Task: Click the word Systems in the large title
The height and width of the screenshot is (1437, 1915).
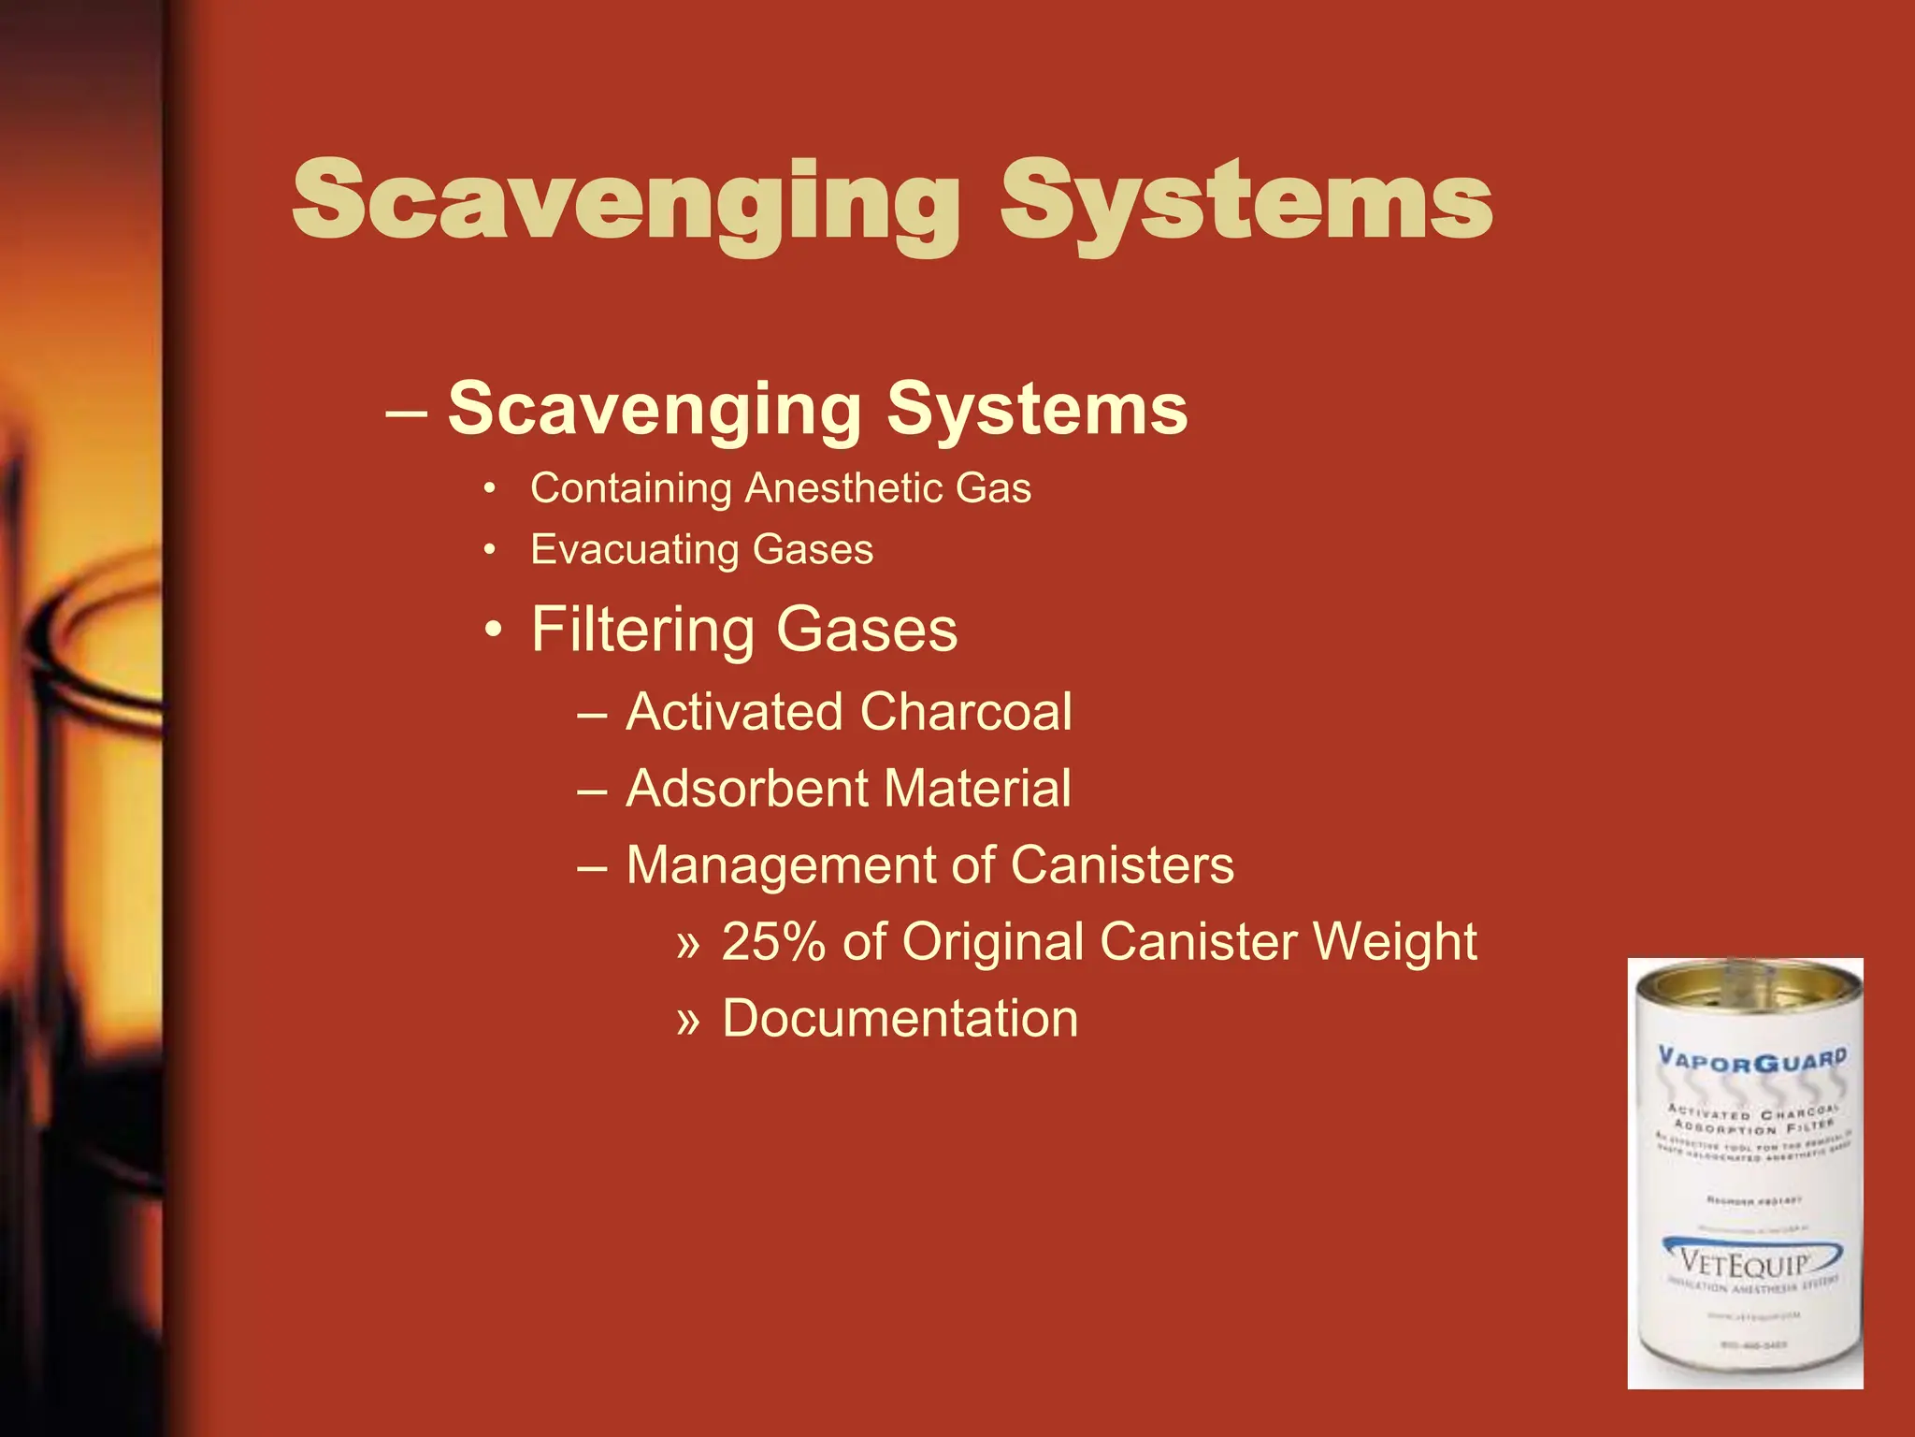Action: coord(1245,201)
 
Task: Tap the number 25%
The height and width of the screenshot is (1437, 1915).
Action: coord(773,942)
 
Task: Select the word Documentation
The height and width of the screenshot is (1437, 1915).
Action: coord(900,1019)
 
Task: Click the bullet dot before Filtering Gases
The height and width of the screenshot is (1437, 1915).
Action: coord(493,630)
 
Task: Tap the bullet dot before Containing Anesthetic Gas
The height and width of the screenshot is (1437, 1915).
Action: coord(488,489)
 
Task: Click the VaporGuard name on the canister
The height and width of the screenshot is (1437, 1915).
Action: coord(1751,1061)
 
